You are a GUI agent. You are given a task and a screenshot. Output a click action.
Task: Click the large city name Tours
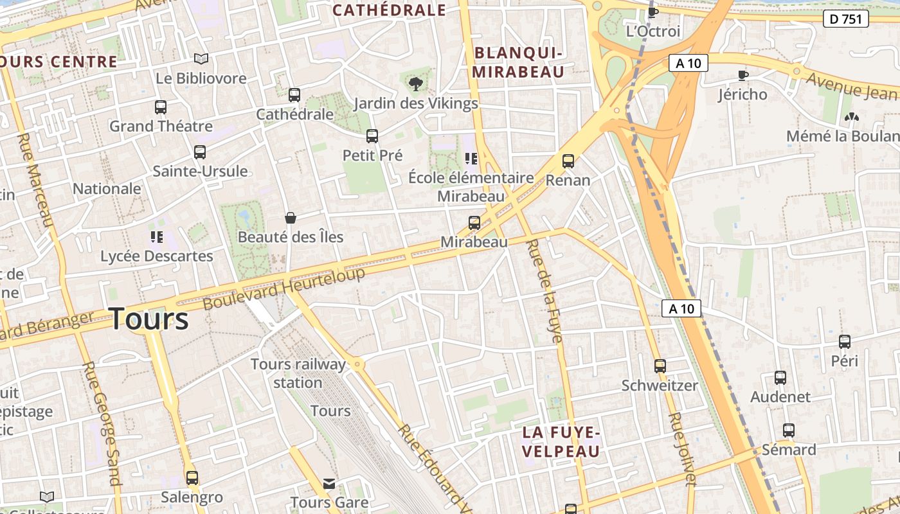pos(149,319)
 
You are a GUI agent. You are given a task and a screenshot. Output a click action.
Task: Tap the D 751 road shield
pos(845,19)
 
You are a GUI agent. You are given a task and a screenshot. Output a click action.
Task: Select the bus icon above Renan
pos(568,161)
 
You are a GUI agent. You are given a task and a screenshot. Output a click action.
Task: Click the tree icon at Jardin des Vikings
pos(416,83)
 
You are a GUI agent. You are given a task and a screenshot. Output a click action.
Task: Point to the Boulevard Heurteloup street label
pos(284,288)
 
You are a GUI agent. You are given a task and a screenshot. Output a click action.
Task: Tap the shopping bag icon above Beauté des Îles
pos(291,218)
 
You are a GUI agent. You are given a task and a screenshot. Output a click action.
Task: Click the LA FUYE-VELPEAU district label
pos(561,441)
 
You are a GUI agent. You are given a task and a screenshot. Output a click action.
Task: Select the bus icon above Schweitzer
pos(660,366)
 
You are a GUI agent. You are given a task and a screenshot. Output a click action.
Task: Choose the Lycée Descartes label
pos(156,256)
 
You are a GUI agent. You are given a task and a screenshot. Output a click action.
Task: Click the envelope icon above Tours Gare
pos(329,483)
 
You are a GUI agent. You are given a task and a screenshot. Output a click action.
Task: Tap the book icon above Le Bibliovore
pos(201,59)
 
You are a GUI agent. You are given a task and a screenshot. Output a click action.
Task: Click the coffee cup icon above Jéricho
pos(743,75)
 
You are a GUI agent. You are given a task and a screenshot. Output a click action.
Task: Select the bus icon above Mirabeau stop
pos(474,223)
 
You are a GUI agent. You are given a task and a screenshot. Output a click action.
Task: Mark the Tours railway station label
pos(298,373)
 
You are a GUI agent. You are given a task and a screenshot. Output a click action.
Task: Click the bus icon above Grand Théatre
pos(161,107)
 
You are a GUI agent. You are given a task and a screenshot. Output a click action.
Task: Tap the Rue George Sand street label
pos(102,423)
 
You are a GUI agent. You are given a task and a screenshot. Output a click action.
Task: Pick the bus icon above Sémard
pos(789,430)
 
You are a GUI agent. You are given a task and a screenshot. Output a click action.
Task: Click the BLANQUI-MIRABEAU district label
pos(518,62)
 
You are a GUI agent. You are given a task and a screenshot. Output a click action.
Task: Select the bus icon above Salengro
pos(192,478)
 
